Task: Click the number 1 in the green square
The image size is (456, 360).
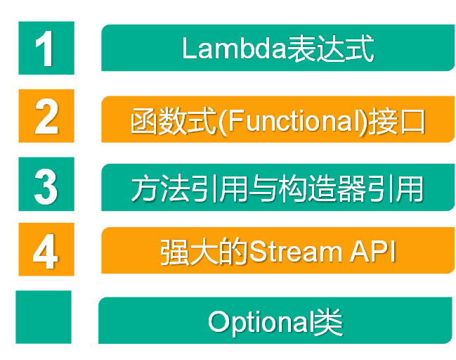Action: point(46,48)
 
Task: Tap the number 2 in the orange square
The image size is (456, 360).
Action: point(46,116)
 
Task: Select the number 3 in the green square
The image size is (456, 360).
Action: point(46,184)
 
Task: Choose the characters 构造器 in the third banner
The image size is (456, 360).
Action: point(323,188)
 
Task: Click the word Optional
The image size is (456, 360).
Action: point(259,322)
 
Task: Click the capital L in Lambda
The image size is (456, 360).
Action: point(188,49)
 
